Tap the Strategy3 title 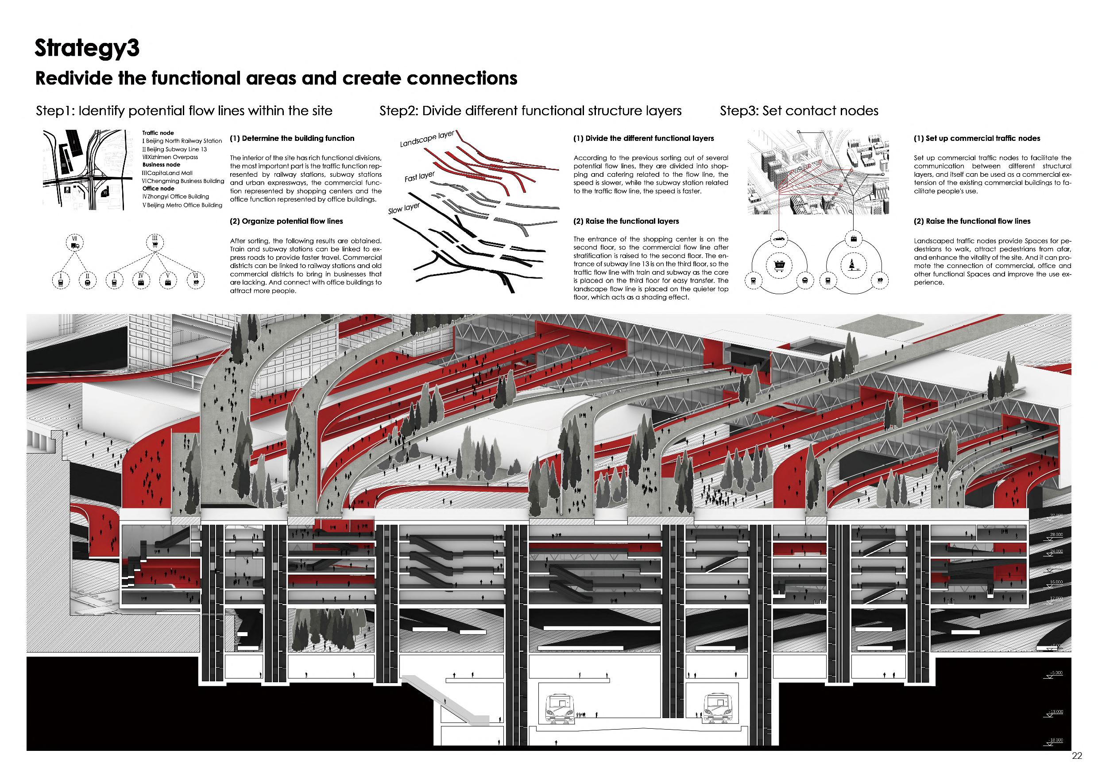pos(87,49)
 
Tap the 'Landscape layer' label pos(427,138)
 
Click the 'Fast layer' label pos(419,177)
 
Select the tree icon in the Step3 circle pos(854,264)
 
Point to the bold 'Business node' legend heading pos(161,165)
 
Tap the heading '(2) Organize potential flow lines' pos(286,221)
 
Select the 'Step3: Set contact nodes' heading pos(799,111)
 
